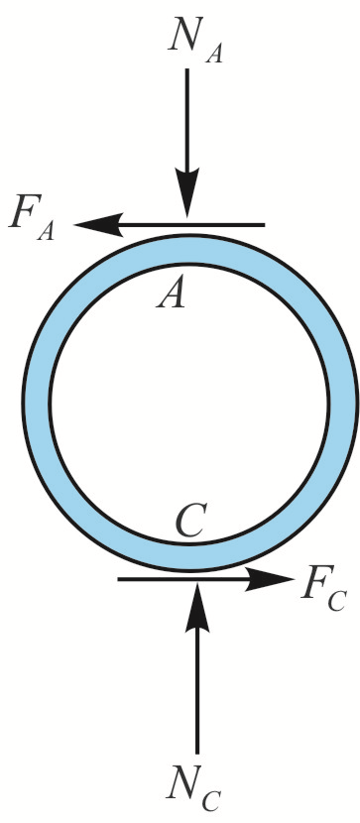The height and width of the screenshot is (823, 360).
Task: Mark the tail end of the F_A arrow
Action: click(263, 226)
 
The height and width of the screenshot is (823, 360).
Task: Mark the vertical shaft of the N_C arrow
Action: click(197, 694)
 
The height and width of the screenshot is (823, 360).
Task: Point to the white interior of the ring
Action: click(188, 407)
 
